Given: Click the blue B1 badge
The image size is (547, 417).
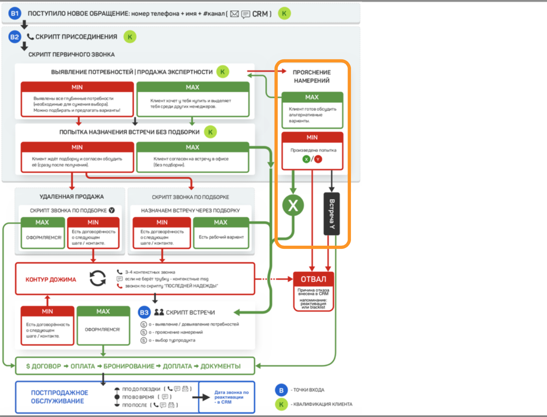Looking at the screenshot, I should [x=15, y=13].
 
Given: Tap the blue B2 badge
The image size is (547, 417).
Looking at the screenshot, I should [x=15, y=37].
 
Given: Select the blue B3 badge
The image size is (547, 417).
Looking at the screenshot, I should [x=144, y=313].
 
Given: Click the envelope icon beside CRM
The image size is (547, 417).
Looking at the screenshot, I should [x=234, y=14].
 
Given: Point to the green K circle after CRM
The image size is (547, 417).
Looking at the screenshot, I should [x=284, y=13].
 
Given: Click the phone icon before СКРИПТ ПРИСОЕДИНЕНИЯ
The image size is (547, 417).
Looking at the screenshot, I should [x=30, y=37].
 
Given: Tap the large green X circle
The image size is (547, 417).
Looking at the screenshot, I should [x=293, y=205].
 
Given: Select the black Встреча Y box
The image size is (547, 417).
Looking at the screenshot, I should [x=332, y=214].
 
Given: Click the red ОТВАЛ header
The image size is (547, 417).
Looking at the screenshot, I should [x=313, y=279].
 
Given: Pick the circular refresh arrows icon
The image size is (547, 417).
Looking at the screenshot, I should [x=98, y=279].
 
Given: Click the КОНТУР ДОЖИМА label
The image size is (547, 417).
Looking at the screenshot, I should [x=51, y=280].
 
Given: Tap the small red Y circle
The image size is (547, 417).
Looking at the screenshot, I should [x=318, y=159].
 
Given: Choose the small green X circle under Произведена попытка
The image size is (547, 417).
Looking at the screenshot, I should [x=306, y=159].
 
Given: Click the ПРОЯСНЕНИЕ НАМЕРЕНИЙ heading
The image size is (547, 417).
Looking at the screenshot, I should [x=311, y=76].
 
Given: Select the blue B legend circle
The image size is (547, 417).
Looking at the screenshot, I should [x=281, y=390].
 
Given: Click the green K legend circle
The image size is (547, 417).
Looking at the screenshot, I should [x=281, y=404].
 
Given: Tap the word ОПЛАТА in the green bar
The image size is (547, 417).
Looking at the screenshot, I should [x=83, y=366].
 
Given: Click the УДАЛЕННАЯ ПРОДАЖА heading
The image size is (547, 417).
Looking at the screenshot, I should [x=72, y=197].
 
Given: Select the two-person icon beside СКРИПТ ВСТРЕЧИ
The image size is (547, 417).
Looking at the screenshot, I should [x=159, y=312].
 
